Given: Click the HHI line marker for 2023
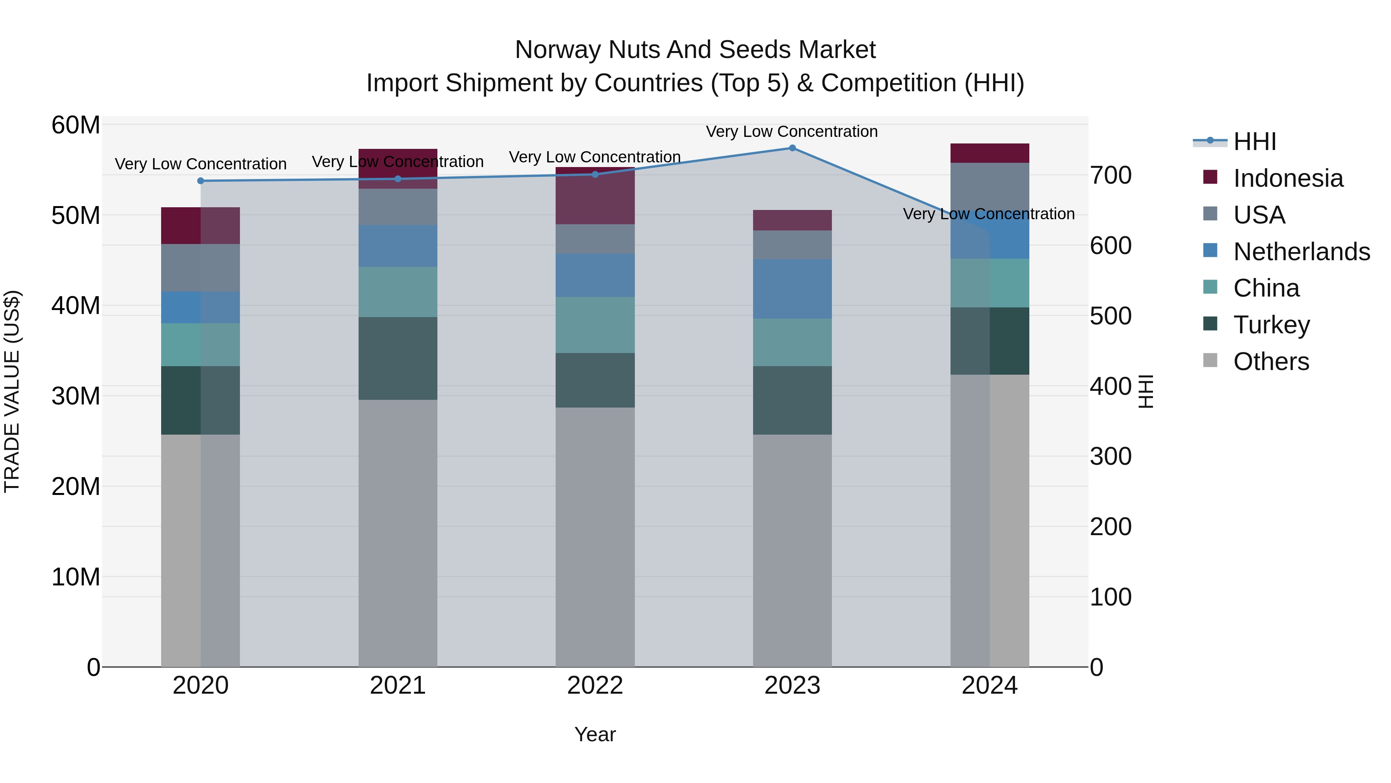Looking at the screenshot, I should tap(792, 148).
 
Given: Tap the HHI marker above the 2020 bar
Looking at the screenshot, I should tap(201, 181).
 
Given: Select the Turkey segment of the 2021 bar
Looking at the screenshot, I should tap(398, 358).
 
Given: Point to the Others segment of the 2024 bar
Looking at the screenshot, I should tap(990, 520).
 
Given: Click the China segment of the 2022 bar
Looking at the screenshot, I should tap(595, 325).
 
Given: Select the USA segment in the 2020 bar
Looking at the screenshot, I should tap(201, 268).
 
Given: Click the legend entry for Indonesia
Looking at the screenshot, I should tap(1288, 178).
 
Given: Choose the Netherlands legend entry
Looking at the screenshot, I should tap(1301, 252).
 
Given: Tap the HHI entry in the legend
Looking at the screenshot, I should tap(1254, 142).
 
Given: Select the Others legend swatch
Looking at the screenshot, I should tap(1210, 360).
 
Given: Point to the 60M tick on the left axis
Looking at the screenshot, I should tap(76, 125).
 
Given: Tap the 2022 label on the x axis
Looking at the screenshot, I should tap(595, 686).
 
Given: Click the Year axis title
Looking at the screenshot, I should tap(595, 734).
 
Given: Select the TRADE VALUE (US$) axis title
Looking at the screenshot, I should tap(12, 391).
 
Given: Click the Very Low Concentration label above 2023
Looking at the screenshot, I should tap(792, 131).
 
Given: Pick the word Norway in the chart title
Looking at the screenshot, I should tap(558, 50).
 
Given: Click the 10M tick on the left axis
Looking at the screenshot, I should tap(76, 577).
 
